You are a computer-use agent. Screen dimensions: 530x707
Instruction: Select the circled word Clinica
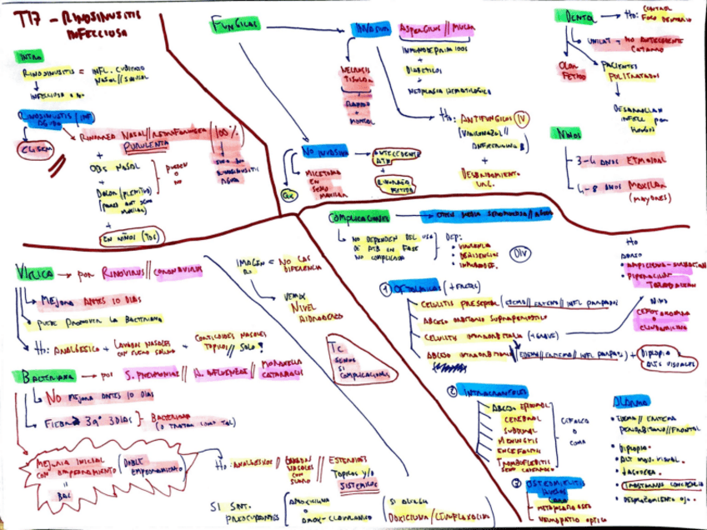[x=34, y=148]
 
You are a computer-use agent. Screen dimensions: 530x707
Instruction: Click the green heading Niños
[x=566, y=134]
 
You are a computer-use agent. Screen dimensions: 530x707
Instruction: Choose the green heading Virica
[x=35, y=272]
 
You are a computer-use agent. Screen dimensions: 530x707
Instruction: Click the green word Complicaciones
[x=359, y=218]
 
